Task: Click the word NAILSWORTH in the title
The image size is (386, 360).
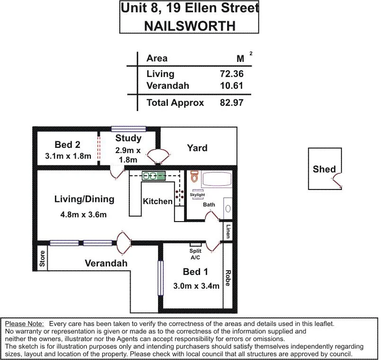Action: [x=190, y=25]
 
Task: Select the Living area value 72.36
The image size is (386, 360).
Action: [x=231, y=74]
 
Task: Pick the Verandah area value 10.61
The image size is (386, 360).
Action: [x=231, y=86]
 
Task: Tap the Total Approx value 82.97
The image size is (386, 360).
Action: [x=231, y=103]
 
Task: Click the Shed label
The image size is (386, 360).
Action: [x=324, y=169]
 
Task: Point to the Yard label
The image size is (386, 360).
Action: [x=197, y=148]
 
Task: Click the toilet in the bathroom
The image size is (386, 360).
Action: [x=193, y=177]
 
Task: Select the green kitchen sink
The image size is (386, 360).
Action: [x=154, y=176]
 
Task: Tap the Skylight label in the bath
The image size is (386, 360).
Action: [x=197, y=195]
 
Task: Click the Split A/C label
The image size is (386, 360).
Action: [x=195, y=254]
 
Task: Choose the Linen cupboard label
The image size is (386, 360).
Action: [x=228, y=231]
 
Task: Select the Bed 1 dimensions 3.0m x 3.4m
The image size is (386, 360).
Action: [x=196, y=285]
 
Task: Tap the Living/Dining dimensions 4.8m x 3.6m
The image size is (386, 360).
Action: [x=84, y=214]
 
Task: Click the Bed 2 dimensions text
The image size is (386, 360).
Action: [x=67, y=156]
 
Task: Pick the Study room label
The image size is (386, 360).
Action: [x=128, y=138]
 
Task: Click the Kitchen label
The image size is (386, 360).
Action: [x=158, y=201]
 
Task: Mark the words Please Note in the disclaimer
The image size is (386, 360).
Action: [x=24, y=324]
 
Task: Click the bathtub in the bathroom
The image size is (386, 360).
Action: [x=217, y=180]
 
